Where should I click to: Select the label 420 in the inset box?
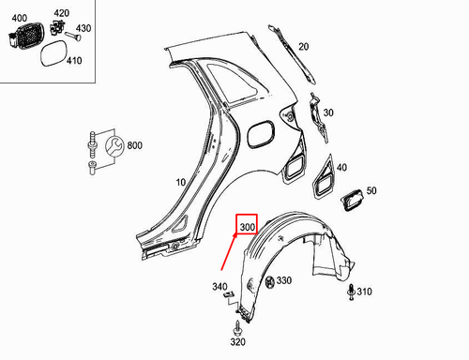click(x=61, y=13)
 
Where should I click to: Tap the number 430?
click(x=83, y=29)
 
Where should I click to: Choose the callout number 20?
click(x=303, y=46)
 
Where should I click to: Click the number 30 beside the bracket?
click(x=327, y=113)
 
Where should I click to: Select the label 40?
click(x=341, y=167)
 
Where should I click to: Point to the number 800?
click(x=134, y=145)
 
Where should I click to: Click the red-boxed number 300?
click(x=248, y=227)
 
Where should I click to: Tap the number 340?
click(x=220, y=286)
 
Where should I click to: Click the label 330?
click(x=283, y=280)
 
